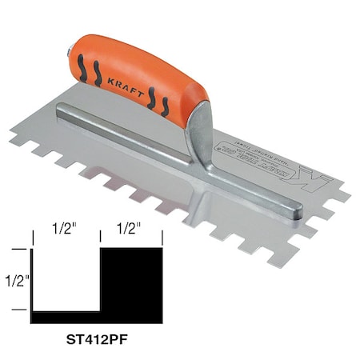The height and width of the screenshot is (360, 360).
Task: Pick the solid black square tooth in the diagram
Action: click(131, 280)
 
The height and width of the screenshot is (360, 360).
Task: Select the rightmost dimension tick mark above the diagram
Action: click(162, 238)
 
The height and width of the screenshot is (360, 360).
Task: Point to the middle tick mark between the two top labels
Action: click(99, 238)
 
